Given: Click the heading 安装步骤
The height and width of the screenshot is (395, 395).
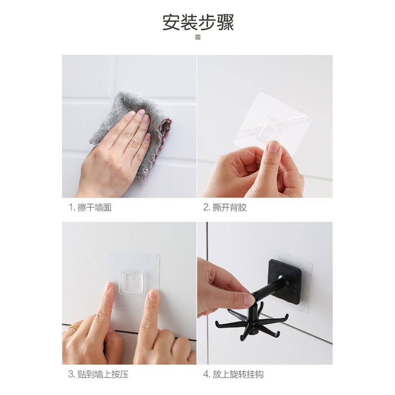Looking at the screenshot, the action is click(198, 22).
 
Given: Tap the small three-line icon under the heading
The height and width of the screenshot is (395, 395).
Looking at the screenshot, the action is click(198, 37).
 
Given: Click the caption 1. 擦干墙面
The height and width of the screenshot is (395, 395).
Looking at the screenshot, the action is click(90, 207).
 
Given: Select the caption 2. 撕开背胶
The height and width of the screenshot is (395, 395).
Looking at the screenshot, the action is click(225, 207).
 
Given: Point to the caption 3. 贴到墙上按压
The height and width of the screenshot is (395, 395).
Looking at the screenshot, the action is click(98, 374).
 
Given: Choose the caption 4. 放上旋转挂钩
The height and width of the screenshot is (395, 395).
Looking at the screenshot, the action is click(233, 374).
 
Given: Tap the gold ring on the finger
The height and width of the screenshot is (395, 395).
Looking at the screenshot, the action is click(73, 327).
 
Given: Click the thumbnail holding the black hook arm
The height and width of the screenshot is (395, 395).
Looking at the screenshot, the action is click(250, 300).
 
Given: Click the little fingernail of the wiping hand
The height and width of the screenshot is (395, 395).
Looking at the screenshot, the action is click(147, 138).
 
